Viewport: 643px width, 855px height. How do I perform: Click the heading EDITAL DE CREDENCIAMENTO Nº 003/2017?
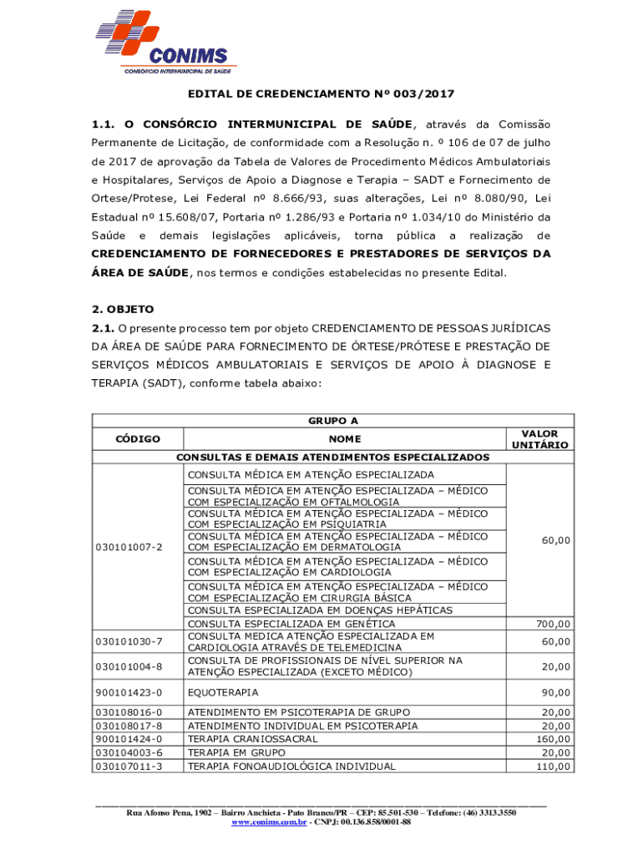click(321, 94)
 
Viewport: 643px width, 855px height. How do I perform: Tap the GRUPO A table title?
click(332, 421)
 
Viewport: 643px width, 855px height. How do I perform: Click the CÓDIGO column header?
click(138, 439)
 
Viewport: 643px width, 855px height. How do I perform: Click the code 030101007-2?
click(129, 547)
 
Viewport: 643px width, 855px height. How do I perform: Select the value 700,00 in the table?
click(554, 624)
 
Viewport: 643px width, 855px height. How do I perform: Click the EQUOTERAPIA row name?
click(223, 692)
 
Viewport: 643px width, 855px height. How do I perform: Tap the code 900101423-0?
click(129, 692)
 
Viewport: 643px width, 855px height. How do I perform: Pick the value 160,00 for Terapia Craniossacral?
click(554, 739)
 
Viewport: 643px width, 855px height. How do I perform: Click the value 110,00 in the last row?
click(554, 766)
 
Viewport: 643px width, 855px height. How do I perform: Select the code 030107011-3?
click(129, 766)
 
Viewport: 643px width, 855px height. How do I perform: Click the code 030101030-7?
click(129, 641)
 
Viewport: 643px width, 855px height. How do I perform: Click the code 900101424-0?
click(129, 739)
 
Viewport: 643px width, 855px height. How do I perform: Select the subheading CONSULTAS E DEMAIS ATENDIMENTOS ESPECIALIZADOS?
click(332, 458)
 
